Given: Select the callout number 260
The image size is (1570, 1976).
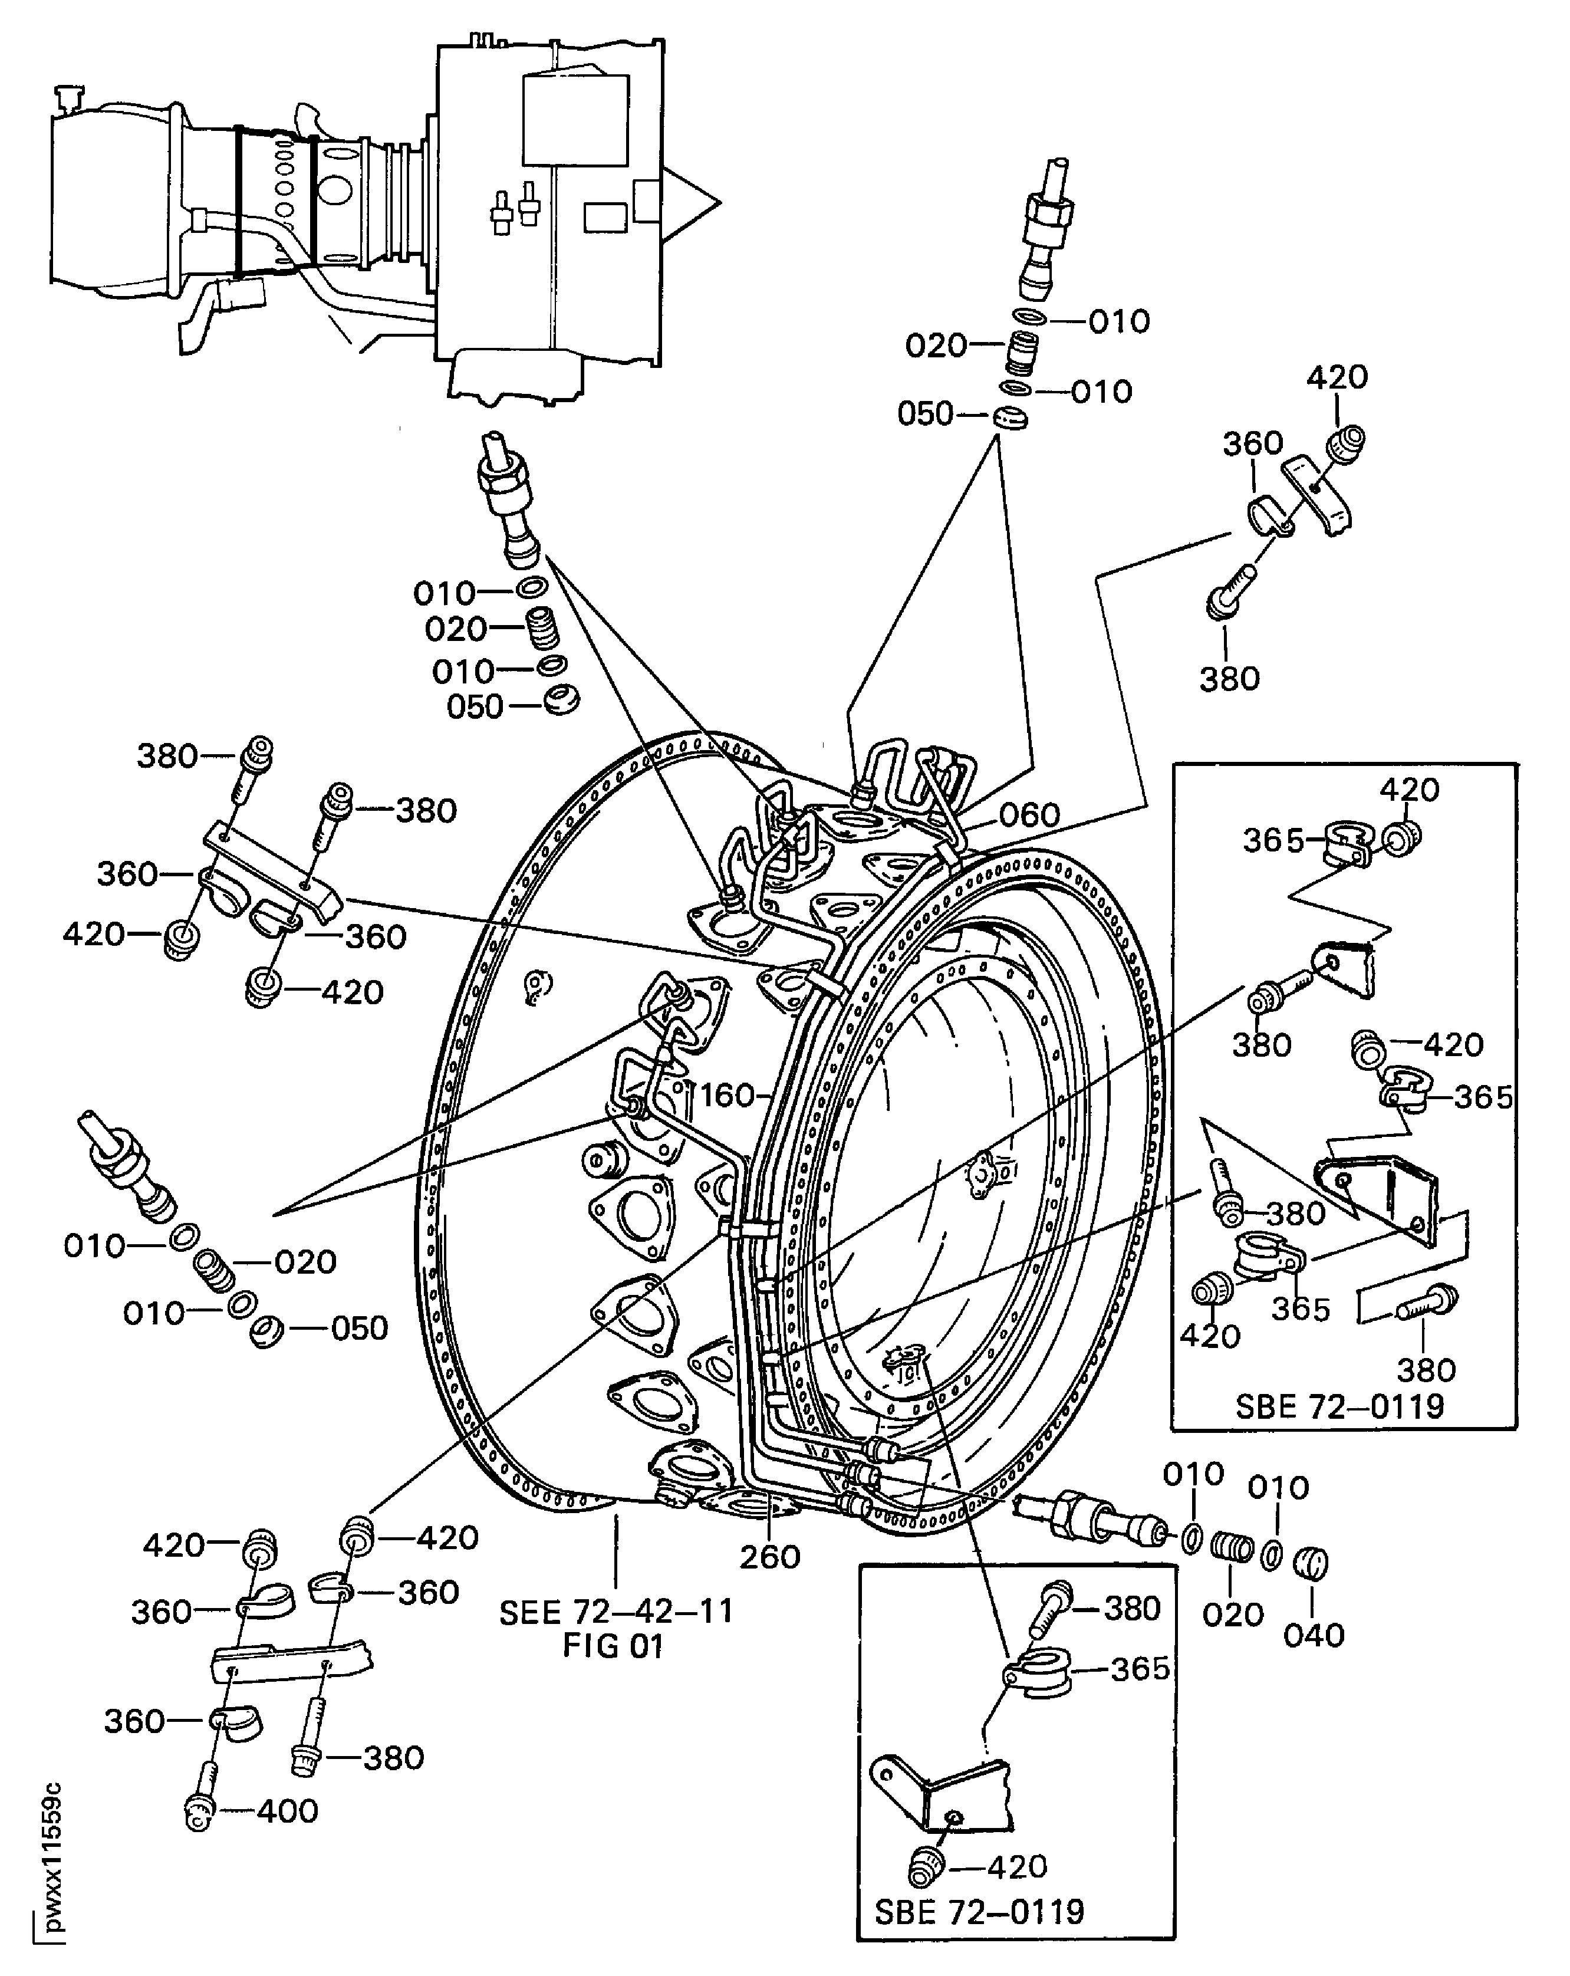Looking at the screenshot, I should point(770,1556).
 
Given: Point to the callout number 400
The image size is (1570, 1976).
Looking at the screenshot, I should point(287,1810).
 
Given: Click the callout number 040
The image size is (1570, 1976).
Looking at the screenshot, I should point(1314,1635).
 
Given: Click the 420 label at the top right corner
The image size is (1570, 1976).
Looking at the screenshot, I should point(1337,377).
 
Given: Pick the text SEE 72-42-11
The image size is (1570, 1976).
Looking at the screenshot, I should point(616,1611).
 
